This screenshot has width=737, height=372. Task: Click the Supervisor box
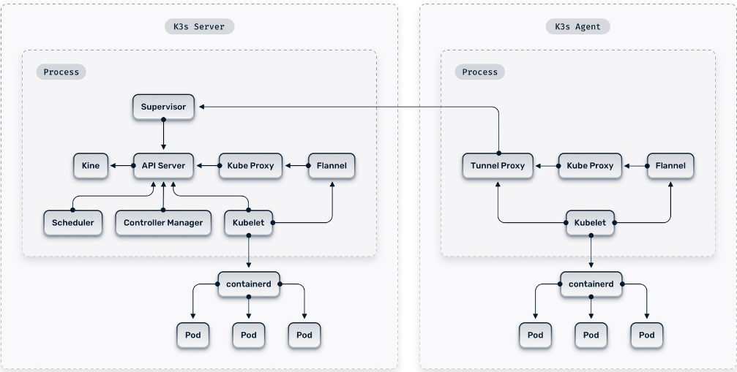[x=163, y=107]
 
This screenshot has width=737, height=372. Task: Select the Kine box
[x=91, y=166]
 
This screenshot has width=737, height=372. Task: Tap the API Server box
[x=163, y=166]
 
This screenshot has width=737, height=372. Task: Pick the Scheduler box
[x=73, y=222]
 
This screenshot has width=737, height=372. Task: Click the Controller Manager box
[x=163, y=222]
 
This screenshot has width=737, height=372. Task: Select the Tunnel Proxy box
[x=498, y=166]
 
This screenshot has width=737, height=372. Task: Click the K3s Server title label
[x=200, y=27]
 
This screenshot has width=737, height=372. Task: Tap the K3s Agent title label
[x=577, y=27]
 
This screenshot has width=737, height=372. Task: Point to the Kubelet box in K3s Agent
[x=591, y=222]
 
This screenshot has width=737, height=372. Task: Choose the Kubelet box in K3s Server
[x=249, y=222]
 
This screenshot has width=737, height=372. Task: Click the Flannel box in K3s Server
[x=332, y=166]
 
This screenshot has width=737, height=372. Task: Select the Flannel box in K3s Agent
[x=670, y=166]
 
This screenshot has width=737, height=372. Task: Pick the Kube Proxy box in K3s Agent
[x=590, y=166]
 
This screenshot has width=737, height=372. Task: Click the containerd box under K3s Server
[x=249, y=284]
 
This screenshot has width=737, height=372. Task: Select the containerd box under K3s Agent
[x=591, y=284]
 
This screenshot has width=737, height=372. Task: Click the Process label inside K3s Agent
[x=480, y=72]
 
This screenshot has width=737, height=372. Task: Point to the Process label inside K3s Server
[x=61, y=72]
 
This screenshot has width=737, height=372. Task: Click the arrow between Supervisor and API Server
[x=163, y=136]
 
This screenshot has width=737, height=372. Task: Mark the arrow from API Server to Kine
[x=121, y=166]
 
